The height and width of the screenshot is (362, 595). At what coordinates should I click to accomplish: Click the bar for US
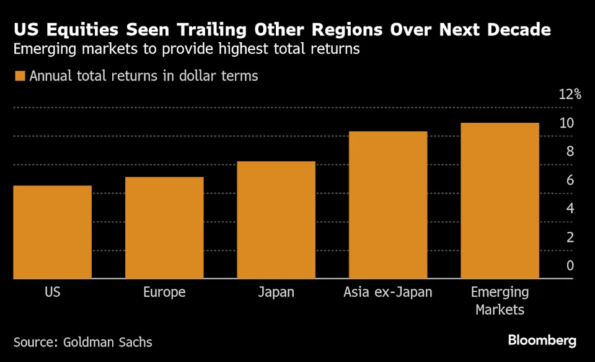[53, 232]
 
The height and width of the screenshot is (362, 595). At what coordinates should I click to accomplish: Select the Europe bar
[164, 227]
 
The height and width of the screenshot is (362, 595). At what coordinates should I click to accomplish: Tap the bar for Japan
[276, 220]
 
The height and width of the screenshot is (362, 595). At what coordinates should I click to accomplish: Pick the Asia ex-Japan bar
[388, 205]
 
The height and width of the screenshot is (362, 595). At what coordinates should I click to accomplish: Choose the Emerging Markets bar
[500, 201]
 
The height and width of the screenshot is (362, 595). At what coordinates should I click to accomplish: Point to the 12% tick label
[570, 94]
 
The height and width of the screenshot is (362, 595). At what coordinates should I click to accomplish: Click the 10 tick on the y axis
[566, 123]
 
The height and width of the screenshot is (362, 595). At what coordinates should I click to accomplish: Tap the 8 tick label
[570, 151]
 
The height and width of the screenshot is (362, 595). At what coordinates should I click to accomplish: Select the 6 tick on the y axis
[570, 180]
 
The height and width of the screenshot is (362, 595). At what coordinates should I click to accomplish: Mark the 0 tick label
[570, 265]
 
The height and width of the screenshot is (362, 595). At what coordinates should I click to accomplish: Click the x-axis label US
[53, 291]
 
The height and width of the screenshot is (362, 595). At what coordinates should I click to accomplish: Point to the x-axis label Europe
[164, 291]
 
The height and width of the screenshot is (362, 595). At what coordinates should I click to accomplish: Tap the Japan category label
[276, 291]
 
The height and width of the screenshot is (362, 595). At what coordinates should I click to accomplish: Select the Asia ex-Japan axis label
[388, 291]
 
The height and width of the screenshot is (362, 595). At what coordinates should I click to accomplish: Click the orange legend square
[20, 76]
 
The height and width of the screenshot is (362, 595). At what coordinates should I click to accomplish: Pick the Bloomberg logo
[542, 340]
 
